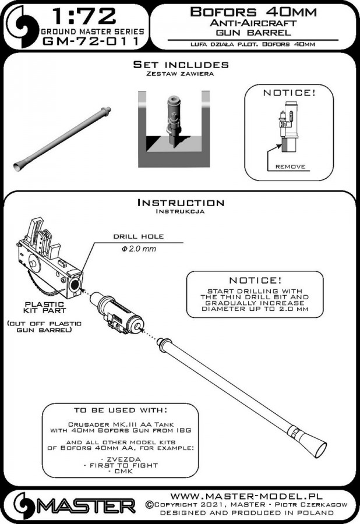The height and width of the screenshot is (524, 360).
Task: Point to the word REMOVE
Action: click(290, 167)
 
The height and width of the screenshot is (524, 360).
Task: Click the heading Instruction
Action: click(180, 203)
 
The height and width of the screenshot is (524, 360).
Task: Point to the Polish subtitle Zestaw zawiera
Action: click(180, 74)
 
